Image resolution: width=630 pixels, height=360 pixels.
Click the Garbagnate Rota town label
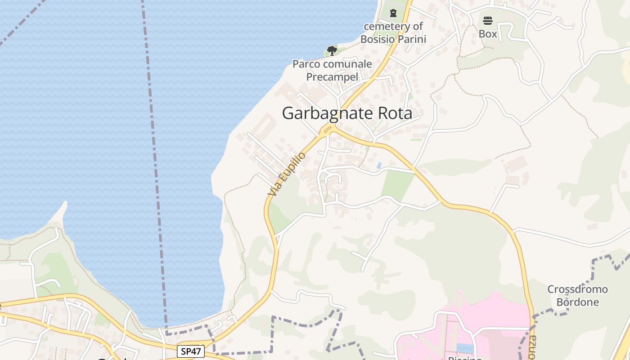347,113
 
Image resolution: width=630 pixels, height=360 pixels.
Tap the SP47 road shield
191,351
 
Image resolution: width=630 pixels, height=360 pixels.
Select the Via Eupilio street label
287,174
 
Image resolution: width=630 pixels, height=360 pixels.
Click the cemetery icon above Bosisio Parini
393,13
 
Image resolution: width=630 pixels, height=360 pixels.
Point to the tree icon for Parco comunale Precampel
332,50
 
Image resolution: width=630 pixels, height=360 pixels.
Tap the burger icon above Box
488,20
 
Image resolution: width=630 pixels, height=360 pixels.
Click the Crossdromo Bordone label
577,295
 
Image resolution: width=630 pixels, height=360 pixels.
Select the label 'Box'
488,34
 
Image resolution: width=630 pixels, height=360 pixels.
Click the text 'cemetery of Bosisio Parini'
393,33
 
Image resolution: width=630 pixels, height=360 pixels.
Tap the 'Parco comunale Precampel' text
332,70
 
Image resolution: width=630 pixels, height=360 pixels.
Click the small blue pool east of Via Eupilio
379,165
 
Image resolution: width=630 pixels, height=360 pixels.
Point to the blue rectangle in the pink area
465,348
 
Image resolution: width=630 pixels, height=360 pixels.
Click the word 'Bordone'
577,302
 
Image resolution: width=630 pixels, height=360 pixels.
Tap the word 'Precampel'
332,77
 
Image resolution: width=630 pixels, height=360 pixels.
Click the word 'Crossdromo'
577,289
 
